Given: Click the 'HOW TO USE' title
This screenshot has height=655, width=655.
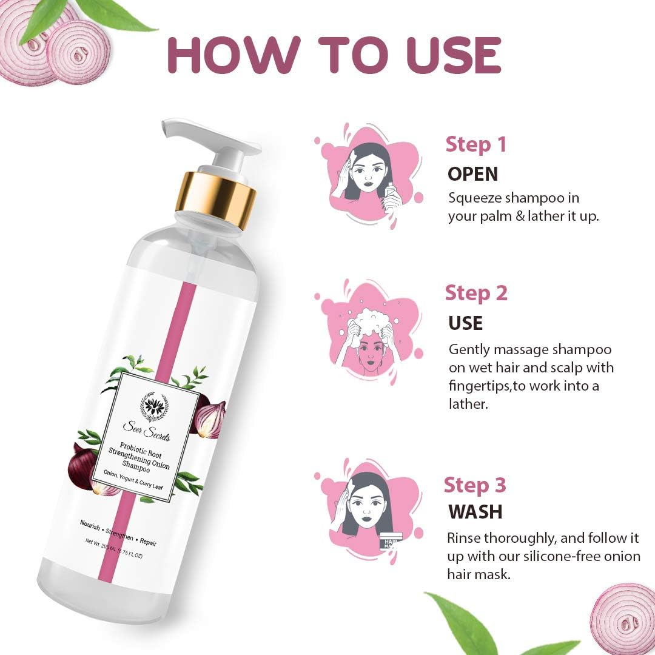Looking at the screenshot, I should coord(334,55).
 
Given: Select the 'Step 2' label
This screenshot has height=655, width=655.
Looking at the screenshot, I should coord(476,293).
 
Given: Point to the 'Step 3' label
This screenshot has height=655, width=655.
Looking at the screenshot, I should coord(474,485).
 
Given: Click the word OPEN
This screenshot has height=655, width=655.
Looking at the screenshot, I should coord(472,174).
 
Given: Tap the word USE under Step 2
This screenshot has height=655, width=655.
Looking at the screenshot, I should coord(465,323).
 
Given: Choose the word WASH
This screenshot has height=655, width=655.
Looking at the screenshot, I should coord(475,511).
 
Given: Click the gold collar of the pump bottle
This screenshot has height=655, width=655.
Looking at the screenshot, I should coord(217,198).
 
